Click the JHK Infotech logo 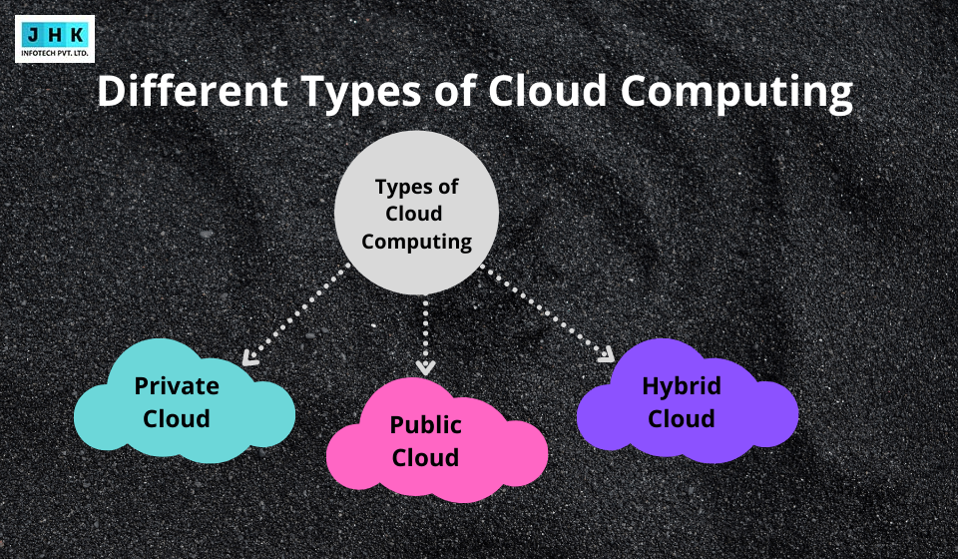[x=55, y=39]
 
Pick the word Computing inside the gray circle [x=416, y=241]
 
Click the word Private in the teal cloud [x=177, y=385]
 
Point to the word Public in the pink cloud [x=426, y=425]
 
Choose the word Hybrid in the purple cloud [x=682, y=385]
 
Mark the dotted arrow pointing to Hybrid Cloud [x=546, y=312]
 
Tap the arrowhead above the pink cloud [x=426, y=365]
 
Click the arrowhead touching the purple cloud [x=606, y=354]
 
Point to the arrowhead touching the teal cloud [x=249, y=356]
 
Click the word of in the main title [x=456, y=92]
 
